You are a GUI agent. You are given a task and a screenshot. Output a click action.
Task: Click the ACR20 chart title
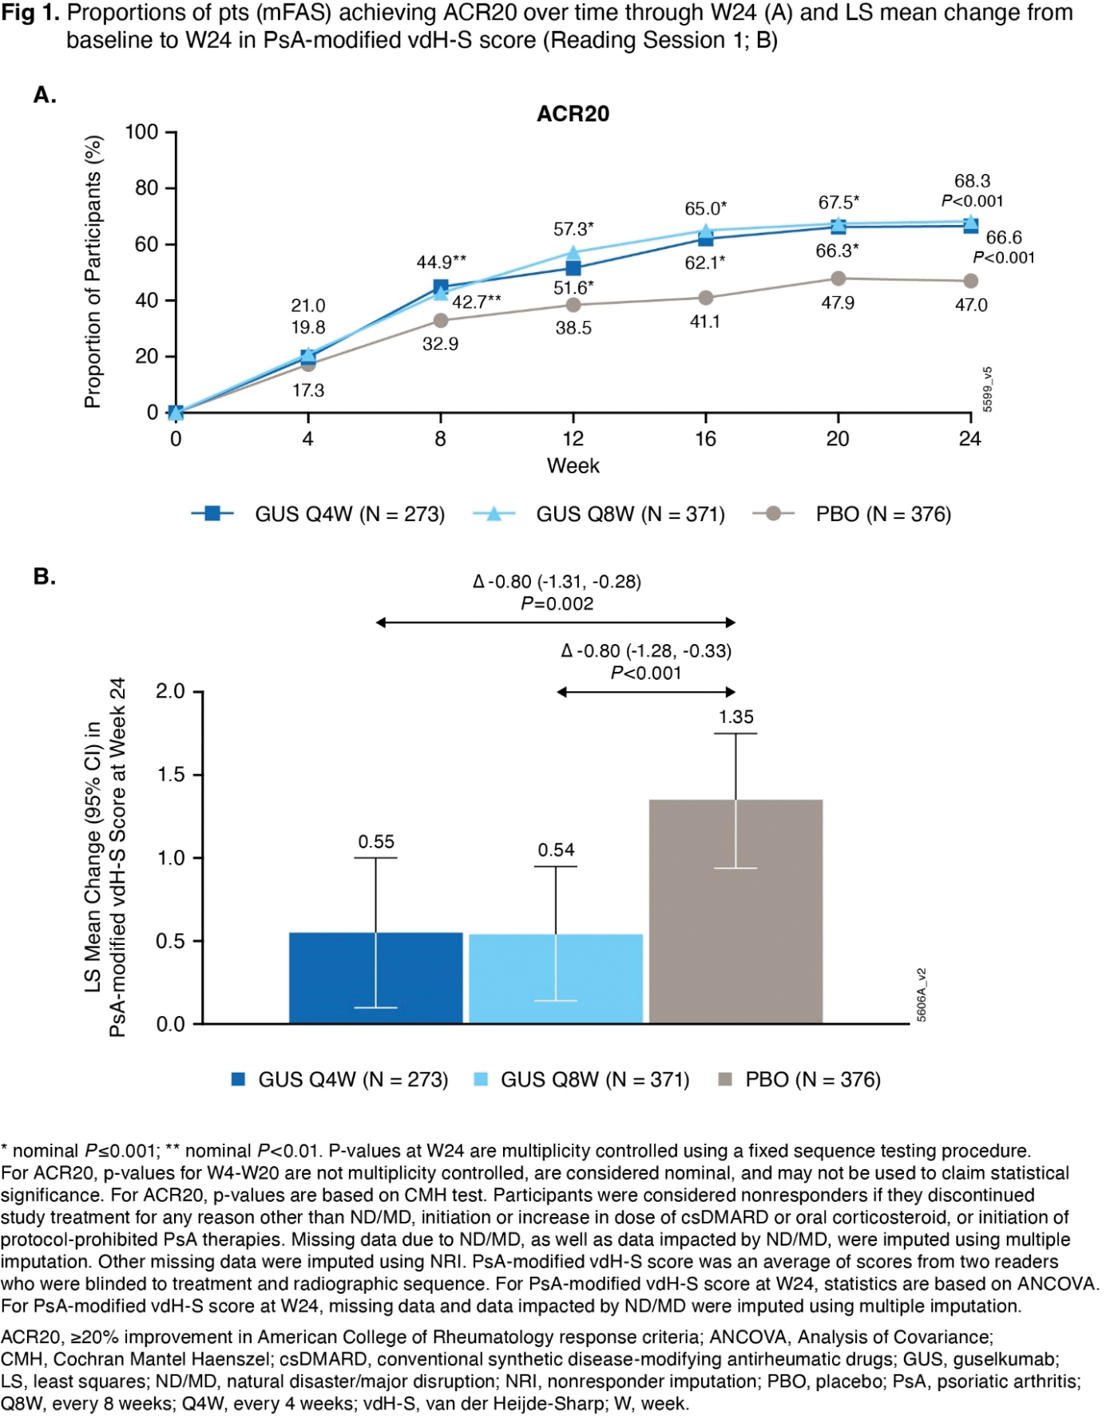coord(573,114)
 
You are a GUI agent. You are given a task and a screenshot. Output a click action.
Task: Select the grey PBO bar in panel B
coord(735,911)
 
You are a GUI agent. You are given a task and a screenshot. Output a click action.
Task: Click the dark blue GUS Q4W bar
coord(375,978)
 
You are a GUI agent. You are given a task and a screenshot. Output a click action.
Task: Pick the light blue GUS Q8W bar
coord(556,978)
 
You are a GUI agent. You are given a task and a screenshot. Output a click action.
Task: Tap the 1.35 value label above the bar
coord(735,717)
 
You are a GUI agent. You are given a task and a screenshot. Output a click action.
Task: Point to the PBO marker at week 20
coord(838,279)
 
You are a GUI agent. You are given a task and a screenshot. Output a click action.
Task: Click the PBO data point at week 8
coord(441,321)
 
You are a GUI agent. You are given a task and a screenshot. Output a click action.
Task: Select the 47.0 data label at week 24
coord(971,305)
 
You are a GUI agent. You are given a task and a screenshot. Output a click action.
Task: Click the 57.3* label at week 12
coord(573,229)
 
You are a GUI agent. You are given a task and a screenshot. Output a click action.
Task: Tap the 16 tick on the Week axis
coord(705,439)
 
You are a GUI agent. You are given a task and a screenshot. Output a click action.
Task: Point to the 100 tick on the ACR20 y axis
coord(142,132)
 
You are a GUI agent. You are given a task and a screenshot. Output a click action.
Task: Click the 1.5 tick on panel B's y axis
coord(170,774)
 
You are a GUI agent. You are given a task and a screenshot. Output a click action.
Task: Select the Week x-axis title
coord(573,466)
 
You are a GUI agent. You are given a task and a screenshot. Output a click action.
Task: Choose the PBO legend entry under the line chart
coord(852,514)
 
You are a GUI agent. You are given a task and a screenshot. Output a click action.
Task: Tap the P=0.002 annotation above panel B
coord(557,604)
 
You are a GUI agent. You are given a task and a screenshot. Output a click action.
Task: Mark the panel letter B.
coord(44,576)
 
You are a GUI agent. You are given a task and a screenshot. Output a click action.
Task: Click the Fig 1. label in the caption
coord(30,14)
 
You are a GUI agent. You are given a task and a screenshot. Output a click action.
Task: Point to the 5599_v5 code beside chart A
coord(988,389)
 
